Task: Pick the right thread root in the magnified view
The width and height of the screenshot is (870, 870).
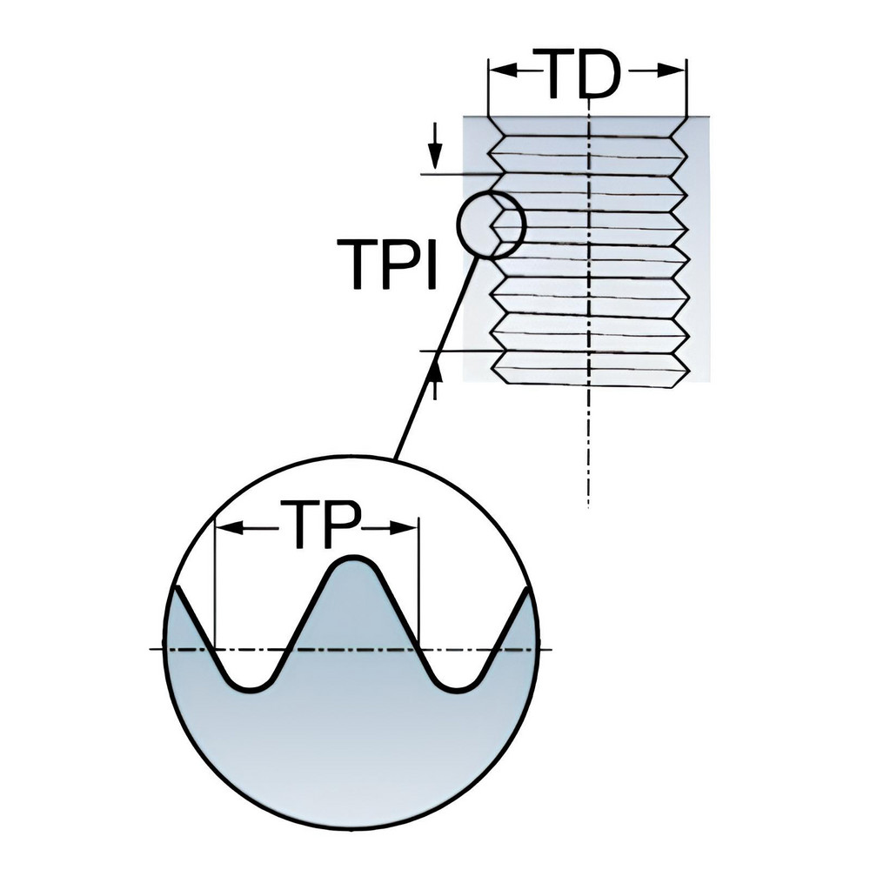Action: pyautogui.click(x=458, y=683)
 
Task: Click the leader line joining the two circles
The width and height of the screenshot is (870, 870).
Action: pyautogui.click(x=435, y=357)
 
